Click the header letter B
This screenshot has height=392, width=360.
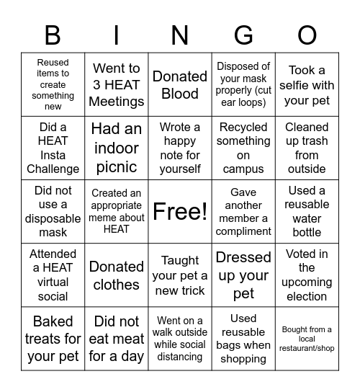pyautogui.click(x=53, y=35)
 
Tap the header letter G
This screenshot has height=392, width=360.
pyautogui.click(x=243, y=35)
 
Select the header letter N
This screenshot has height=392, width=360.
pyautogui.click(x=180, y=35)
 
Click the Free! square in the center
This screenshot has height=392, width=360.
pyautogui.click(x=180, y=211)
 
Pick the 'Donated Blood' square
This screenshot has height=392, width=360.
pyautogui.click(x=180, y=84)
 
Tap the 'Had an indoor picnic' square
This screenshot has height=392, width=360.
pyautogui.click(x=117, y=148)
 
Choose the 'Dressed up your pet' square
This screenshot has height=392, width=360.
pyautogui.click(x=243, y=275)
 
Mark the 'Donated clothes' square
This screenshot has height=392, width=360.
pyautogui.click(x=117, y=275)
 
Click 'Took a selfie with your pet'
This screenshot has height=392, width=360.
pyautogui.click(x=307, y=85)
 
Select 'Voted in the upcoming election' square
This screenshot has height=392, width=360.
pyautogui.click(x=307, y=275)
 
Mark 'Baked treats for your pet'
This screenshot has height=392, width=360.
pyautogui.click(x=53, y=338)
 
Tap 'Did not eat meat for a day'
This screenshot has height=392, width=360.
pyautogui.click(x=117, y=338)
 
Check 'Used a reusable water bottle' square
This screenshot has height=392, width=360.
pyautogui.click(x=307, y=211)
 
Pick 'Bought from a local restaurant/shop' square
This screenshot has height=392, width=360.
pyautogui.click(x=307, y=339)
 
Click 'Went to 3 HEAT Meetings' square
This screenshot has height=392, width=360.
pyautogui.click(x=117, y=84)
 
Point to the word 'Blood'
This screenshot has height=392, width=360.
pyautogui.click(x=180, y=94)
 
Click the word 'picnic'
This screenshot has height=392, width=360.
pyautogui.click(x=117, y=166)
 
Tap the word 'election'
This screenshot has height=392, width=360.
pyautogui.click(x=307, y=296)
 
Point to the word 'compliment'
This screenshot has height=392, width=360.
pyautogui.click(x=243, y=231)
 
